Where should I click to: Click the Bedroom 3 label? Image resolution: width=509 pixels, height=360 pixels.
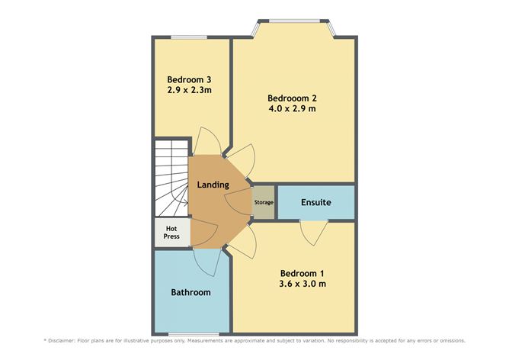(189, 79)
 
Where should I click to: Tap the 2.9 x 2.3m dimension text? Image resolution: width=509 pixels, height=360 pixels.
(189, 90)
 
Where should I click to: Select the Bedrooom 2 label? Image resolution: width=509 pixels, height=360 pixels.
(292, 98)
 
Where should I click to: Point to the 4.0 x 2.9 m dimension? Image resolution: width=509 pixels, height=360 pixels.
(292, 108)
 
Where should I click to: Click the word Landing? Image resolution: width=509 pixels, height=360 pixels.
(213, 185)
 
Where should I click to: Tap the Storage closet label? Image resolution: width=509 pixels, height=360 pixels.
(264, 202)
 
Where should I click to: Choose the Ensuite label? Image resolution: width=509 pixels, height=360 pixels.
(316, 202)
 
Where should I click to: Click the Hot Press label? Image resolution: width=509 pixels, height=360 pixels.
(171, 233)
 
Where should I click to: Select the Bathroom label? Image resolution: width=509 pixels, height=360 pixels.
(190, 292)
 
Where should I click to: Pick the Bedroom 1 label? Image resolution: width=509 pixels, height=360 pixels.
(302, 273)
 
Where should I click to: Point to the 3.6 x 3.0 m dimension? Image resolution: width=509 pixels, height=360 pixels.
(303, 284)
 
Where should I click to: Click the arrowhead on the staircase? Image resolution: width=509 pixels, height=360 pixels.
(186, 203)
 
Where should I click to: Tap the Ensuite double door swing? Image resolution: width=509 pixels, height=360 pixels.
(314, 233)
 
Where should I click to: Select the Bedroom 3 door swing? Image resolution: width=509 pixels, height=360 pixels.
(206, 140)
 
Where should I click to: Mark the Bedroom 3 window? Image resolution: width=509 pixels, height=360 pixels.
(189, 37)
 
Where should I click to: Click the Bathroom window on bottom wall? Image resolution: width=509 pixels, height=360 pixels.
(194, 334)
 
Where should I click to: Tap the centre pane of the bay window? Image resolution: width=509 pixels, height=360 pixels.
(295, 21)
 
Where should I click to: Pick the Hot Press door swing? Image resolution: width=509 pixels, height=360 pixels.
(204, 233)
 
